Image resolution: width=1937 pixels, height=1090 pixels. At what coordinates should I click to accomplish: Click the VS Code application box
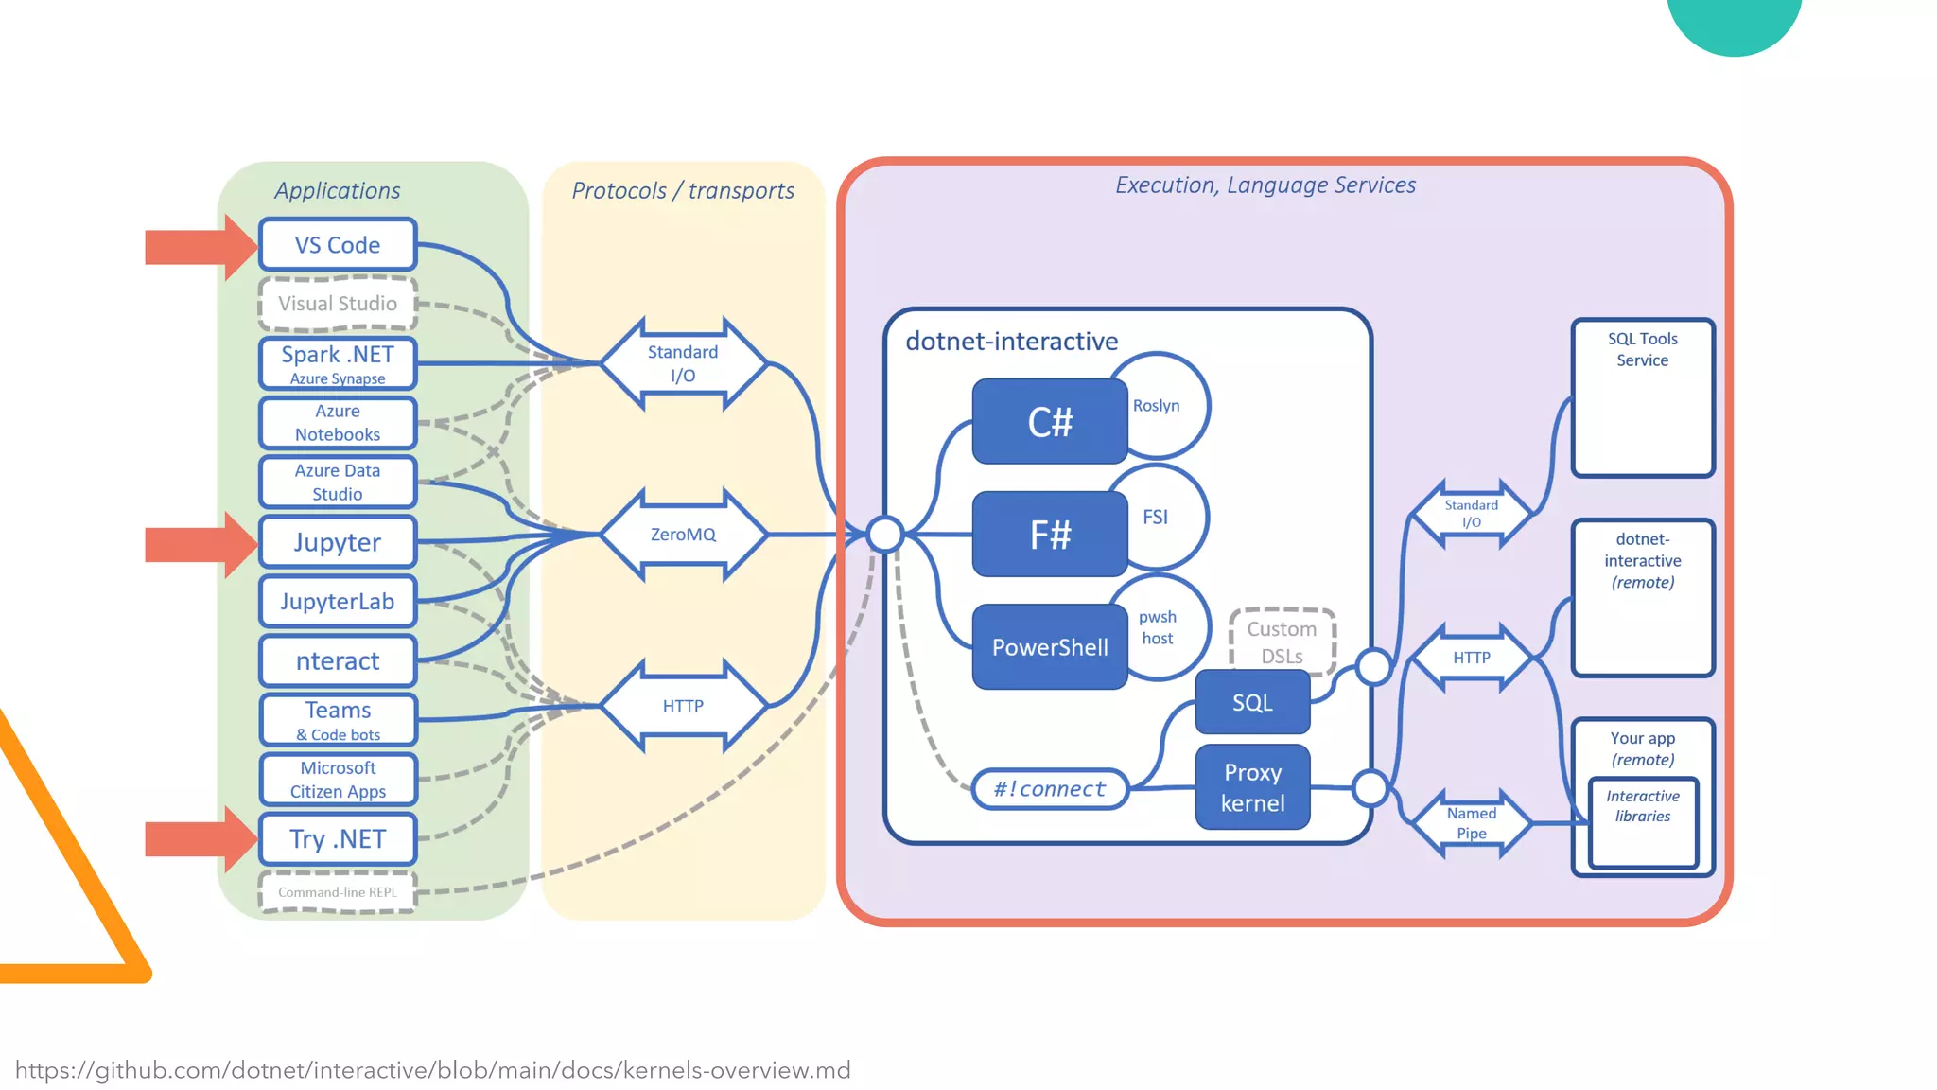click(x=338, y=245)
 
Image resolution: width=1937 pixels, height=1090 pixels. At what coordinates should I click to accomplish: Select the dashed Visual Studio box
click(x=338, y=304)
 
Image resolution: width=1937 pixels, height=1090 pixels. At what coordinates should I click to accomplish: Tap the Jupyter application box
click(x=338, y=542)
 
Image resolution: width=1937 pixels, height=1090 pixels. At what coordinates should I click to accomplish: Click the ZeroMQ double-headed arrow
click(x=683, y=535)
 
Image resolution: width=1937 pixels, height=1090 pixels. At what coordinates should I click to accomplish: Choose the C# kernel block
click(x=1050, y=422)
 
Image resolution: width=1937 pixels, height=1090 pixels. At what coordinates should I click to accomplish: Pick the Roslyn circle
click(x=1169, y=405)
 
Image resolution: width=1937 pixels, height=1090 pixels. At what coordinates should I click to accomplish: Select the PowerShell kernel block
click(x=1050, y=647)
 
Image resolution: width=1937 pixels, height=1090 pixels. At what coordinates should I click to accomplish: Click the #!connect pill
click(x=1050, y=789)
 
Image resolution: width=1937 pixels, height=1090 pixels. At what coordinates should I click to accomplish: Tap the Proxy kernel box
click(x=1252, y=787)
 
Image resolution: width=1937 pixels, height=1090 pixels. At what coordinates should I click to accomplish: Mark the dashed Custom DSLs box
click(x=1282, y=641)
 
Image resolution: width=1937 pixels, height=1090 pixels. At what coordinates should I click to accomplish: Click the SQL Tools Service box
click(x=1642, y=397)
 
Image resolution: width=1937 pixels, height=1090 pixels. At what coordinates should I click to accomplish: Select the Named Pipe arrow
click(x=1471, y=823)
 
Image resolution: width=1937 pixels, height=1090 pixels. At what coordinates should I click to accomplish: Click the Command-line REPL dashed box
click(x=338, y=892)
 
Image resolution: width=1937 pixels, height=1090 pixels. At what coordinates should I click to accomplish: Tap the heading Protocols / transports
click(x=683, y=190)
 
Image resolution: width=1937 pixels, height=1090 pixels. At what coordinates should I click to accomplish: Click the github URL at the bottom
click(x=432, y=1070)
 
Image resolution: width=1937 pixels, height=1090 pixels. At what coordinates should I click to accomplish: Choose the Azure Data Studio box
click(x=338, y=483)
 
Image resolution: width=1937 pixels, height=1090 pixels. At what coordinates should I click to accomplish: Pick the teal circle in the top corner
click(x=1734, y=19)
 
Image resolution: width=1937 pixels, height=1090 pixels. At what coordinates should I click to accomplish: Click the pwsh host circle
click(x=1165, y=626)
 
